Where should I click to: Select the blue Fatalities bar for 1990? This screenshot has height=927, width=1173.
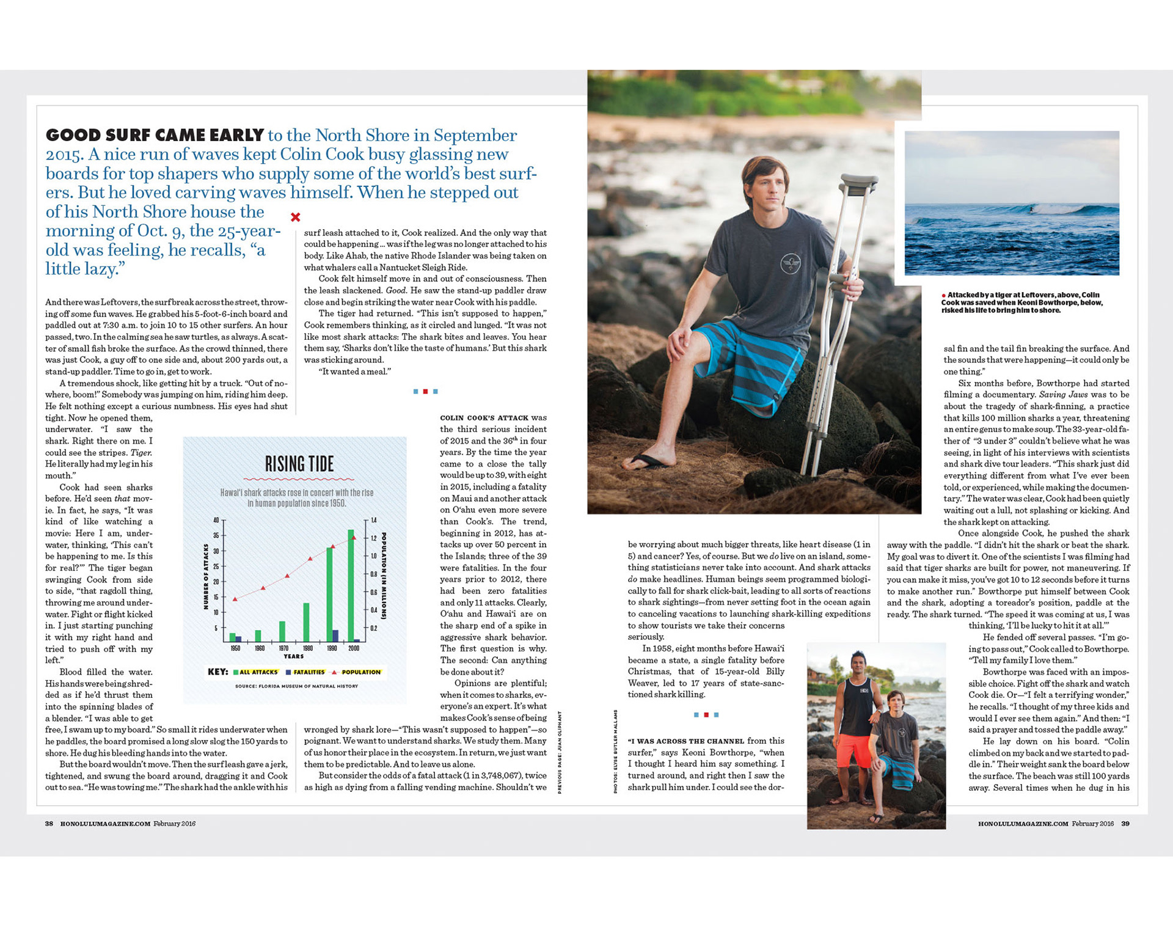(335, 636)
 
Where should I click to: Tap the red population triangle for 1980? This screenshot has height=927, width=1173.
(310, 559)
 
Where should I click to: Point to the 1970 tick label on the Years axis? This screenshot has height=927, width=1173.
(283, 648)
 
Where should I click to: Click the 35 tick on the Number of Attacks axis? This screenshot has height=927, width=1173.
(216, 536)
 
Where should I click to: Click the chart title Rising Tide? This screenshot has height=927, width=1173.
(299, 464)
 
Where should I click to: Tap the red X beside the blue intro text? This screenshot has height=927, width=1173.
(296, 217)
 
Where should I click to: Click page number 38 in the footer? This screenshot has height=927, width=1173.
(49, 824)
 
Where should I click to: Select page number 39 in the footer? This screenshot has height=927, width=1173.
(1125, 824)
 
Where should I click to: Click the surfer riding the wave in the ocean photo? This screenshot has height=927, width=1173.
(1031, 210)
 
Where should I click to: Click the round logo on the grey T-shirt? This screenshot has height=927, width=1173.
(791, 264)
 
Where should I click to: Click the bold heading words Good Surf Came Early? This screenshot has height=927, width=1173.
(155, 135)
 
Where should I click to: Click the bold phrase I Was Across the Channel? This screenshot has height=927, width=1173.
(686, 741)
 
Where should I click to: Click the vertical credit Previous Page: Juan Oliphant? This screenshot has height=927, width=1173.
(560, 752)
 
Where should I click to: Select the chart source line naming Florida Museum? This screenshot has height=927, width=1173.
(296, 686)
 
